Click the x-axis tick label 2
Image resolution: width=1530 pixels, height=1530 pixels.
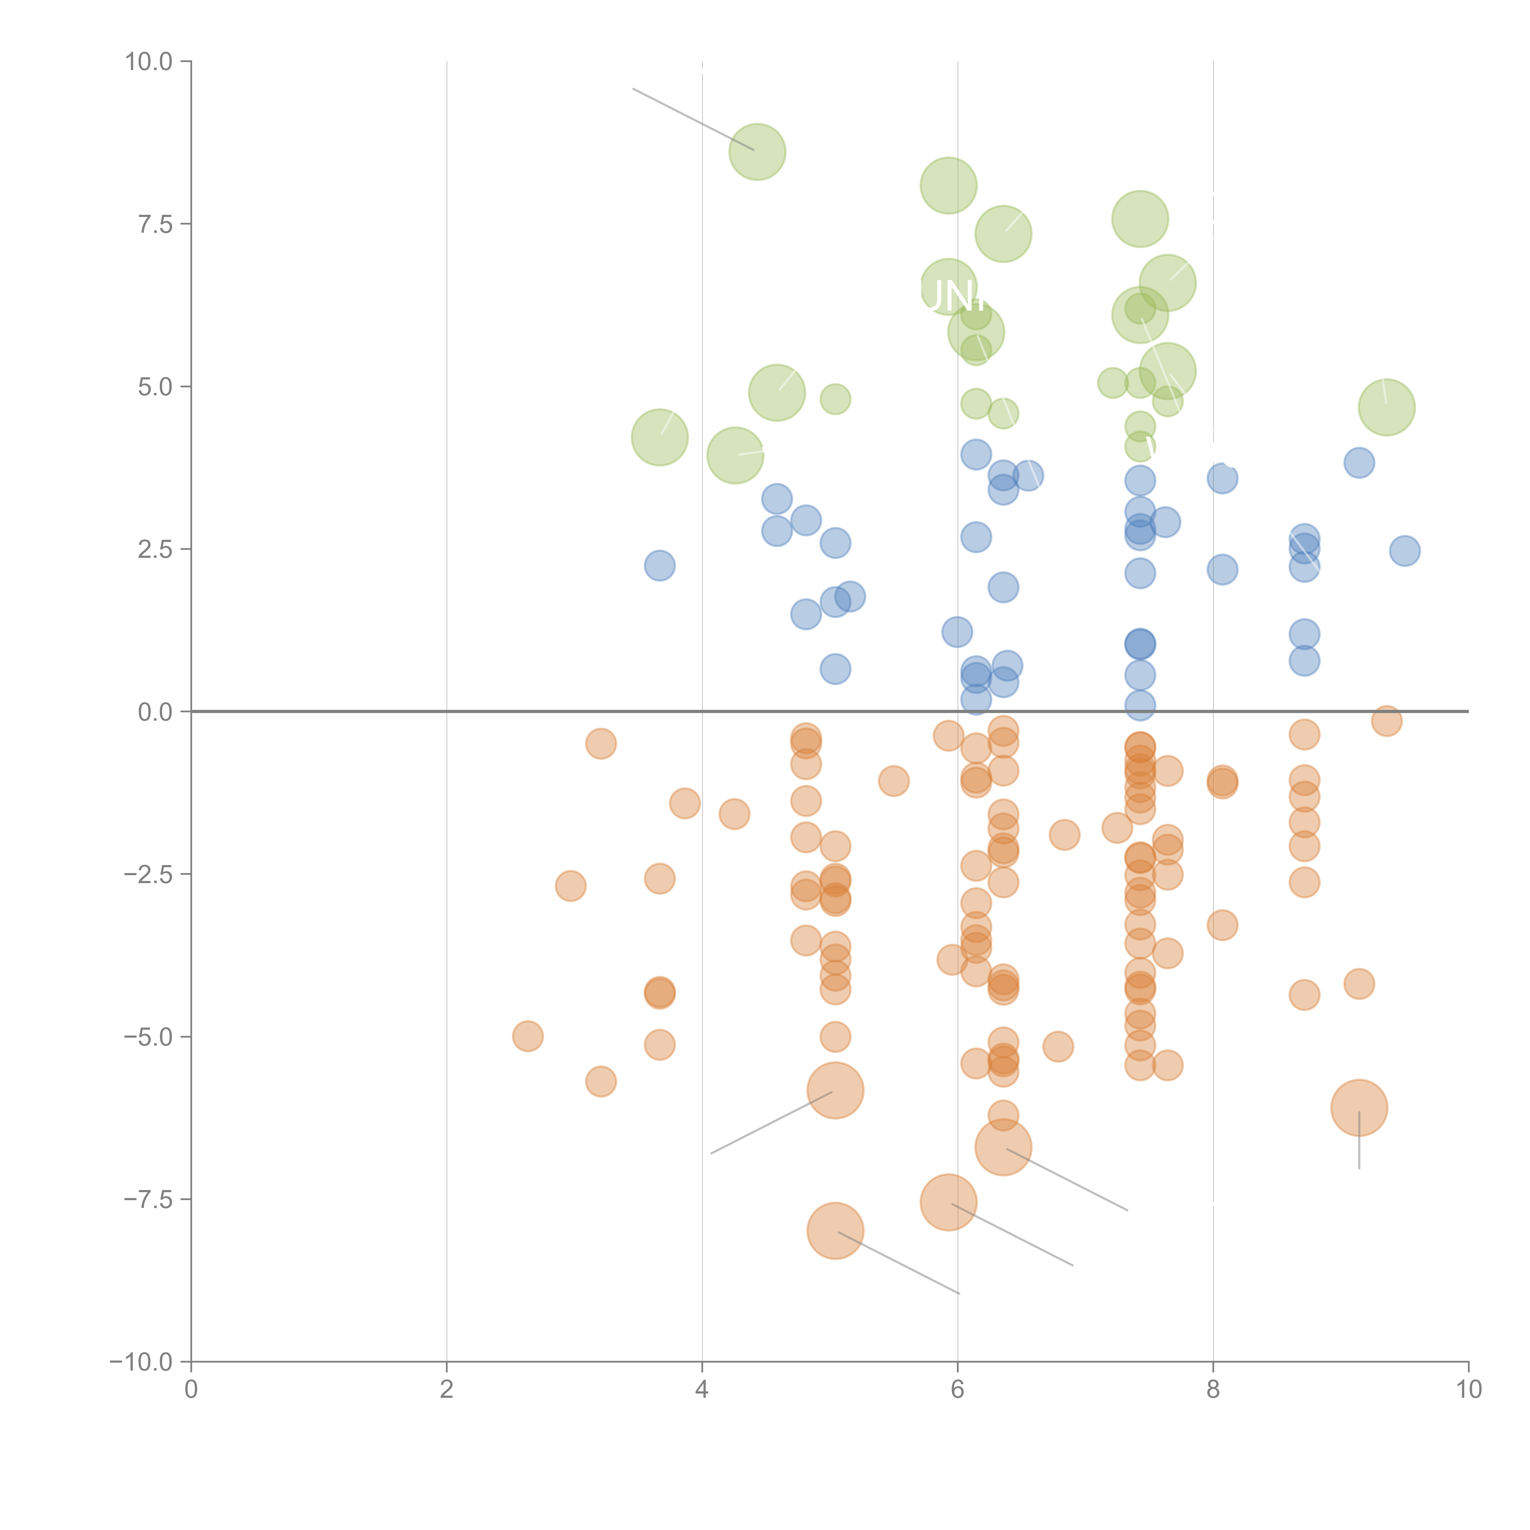pos(447,1390)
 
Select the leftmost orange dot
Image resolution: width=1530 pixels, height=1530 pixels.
pos(528,1036)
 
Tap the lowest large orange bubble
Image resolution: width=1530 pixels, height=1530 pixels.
pos(835,1231)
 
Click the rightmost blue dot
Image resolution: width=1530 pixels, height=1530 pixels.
pos(1404,550)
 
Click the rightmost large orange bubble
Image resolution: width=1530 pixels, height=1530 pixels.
pos(1359,1107)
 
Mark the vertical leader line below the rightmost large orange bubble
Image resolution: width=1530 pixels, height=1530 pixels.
pos(1359,1144)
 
